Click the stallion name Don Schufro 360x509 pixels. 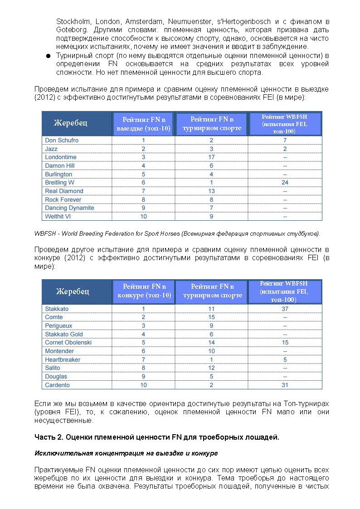pos(62,141)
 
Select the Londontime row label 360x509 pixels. pos(61,157)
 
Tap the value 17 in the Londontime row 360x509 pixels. pos(211,157)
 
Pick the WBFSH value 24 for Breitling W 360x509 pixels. pos(285,183)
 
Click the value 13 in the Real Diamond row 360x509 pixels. pos(211,191)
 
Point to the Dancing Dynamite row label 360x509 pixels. pos(69,208)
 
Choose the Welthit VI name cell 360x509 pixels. pos(58,217)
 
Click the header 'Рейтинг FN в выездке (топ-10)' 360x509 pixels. pos(144,124)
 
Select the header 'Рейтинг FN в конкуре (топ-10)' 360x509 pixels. pos(144,291)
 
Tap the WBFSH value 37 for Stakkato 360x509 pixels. pos(285,309)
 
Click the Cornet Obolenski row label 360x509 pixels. pos(68,343)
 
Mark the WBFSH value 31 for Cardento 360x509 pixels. pos(285,385)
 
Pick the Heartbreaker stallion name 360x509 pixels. pos(63,360)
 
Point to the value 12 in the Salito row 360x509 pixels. pos(211,368)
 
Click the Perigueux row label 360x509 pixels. pos(59,326)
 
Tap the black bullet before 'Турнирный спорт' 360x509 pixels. pos(47,56)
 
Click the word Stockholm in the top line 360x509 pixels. pos(70,21)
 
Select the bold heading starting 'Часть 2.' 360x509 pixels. pos(157,437)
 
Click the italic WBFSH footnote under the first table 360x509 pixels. pos(177,234)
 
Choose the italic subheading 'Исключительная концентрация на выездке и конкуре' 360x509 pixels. pos(126,453)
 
